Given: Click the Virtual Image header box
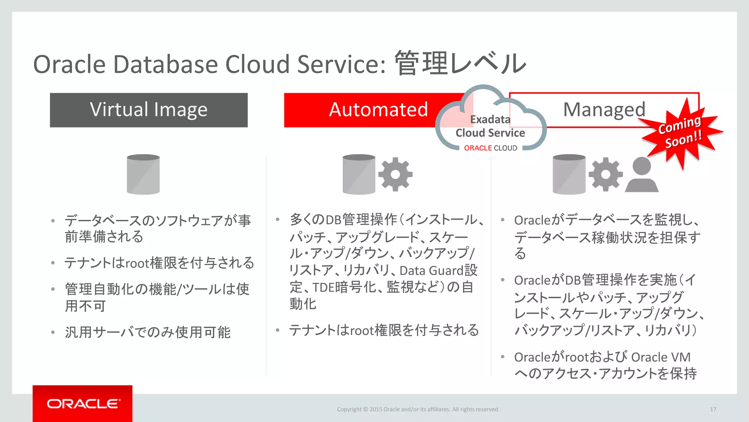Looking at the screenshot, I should point(148,110).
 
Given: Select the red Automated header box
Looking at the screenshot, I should point(366,110).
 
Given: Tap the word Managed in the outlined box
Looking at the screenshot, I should point(604,110).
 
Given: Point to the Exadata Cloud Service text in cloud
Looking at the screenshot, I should point(490,126).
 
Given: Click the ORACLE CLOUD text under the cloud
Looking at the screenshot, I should point(490,148).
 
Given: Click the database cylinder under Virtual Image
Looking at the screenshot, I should point(143,174).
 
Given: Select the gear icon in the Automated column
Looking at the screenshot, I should point(395,174).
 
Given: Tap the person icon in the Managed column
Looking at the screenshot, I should point(641,175).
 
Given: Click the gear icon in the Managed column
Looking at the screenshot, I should point(605,174).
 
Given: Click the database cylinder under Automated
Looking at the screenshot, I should point(359,174).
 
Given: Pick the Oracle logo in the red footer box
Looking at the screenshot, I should point(83,404).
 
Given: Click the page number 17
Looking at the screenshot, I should point(713,410).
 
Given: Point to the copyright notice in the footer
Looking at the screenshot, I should point(418,410).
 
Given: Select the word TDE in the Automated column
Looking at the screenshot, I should point(323,288).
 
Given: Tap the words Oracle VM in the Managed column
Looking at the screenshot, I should point(660,357).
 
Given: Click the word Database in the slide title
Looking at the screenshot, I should point(166,64).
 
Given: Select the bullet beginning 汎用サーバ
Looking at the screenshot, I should point(147,332).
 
